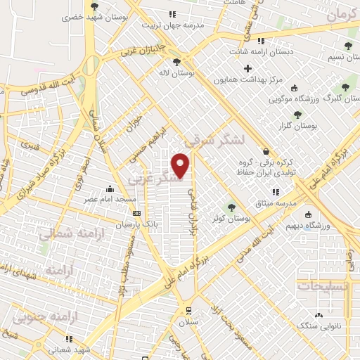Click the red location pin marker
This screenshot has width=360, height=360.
[x=181, y=166]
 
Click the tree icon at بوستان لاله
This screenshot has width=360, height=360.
[x=186, y=61]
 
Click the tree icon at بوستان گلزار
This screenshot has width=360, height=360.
[x=297, y=114]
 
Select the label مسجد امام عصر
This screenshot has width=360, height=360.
[x=110, y=200]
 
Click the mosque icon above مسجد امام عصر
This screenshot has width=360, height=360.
[x=110, y=189]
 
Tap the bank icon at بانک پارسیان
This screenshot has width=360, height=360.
[x=136, y=214]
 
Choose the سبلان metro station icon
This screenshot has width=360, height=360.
[x=188, y=310]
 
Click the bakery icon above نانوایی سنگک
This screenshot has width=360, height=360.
[x=321, y=315]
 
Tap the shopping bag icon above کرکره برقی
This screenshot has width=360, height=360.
[x=266, y=151]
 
